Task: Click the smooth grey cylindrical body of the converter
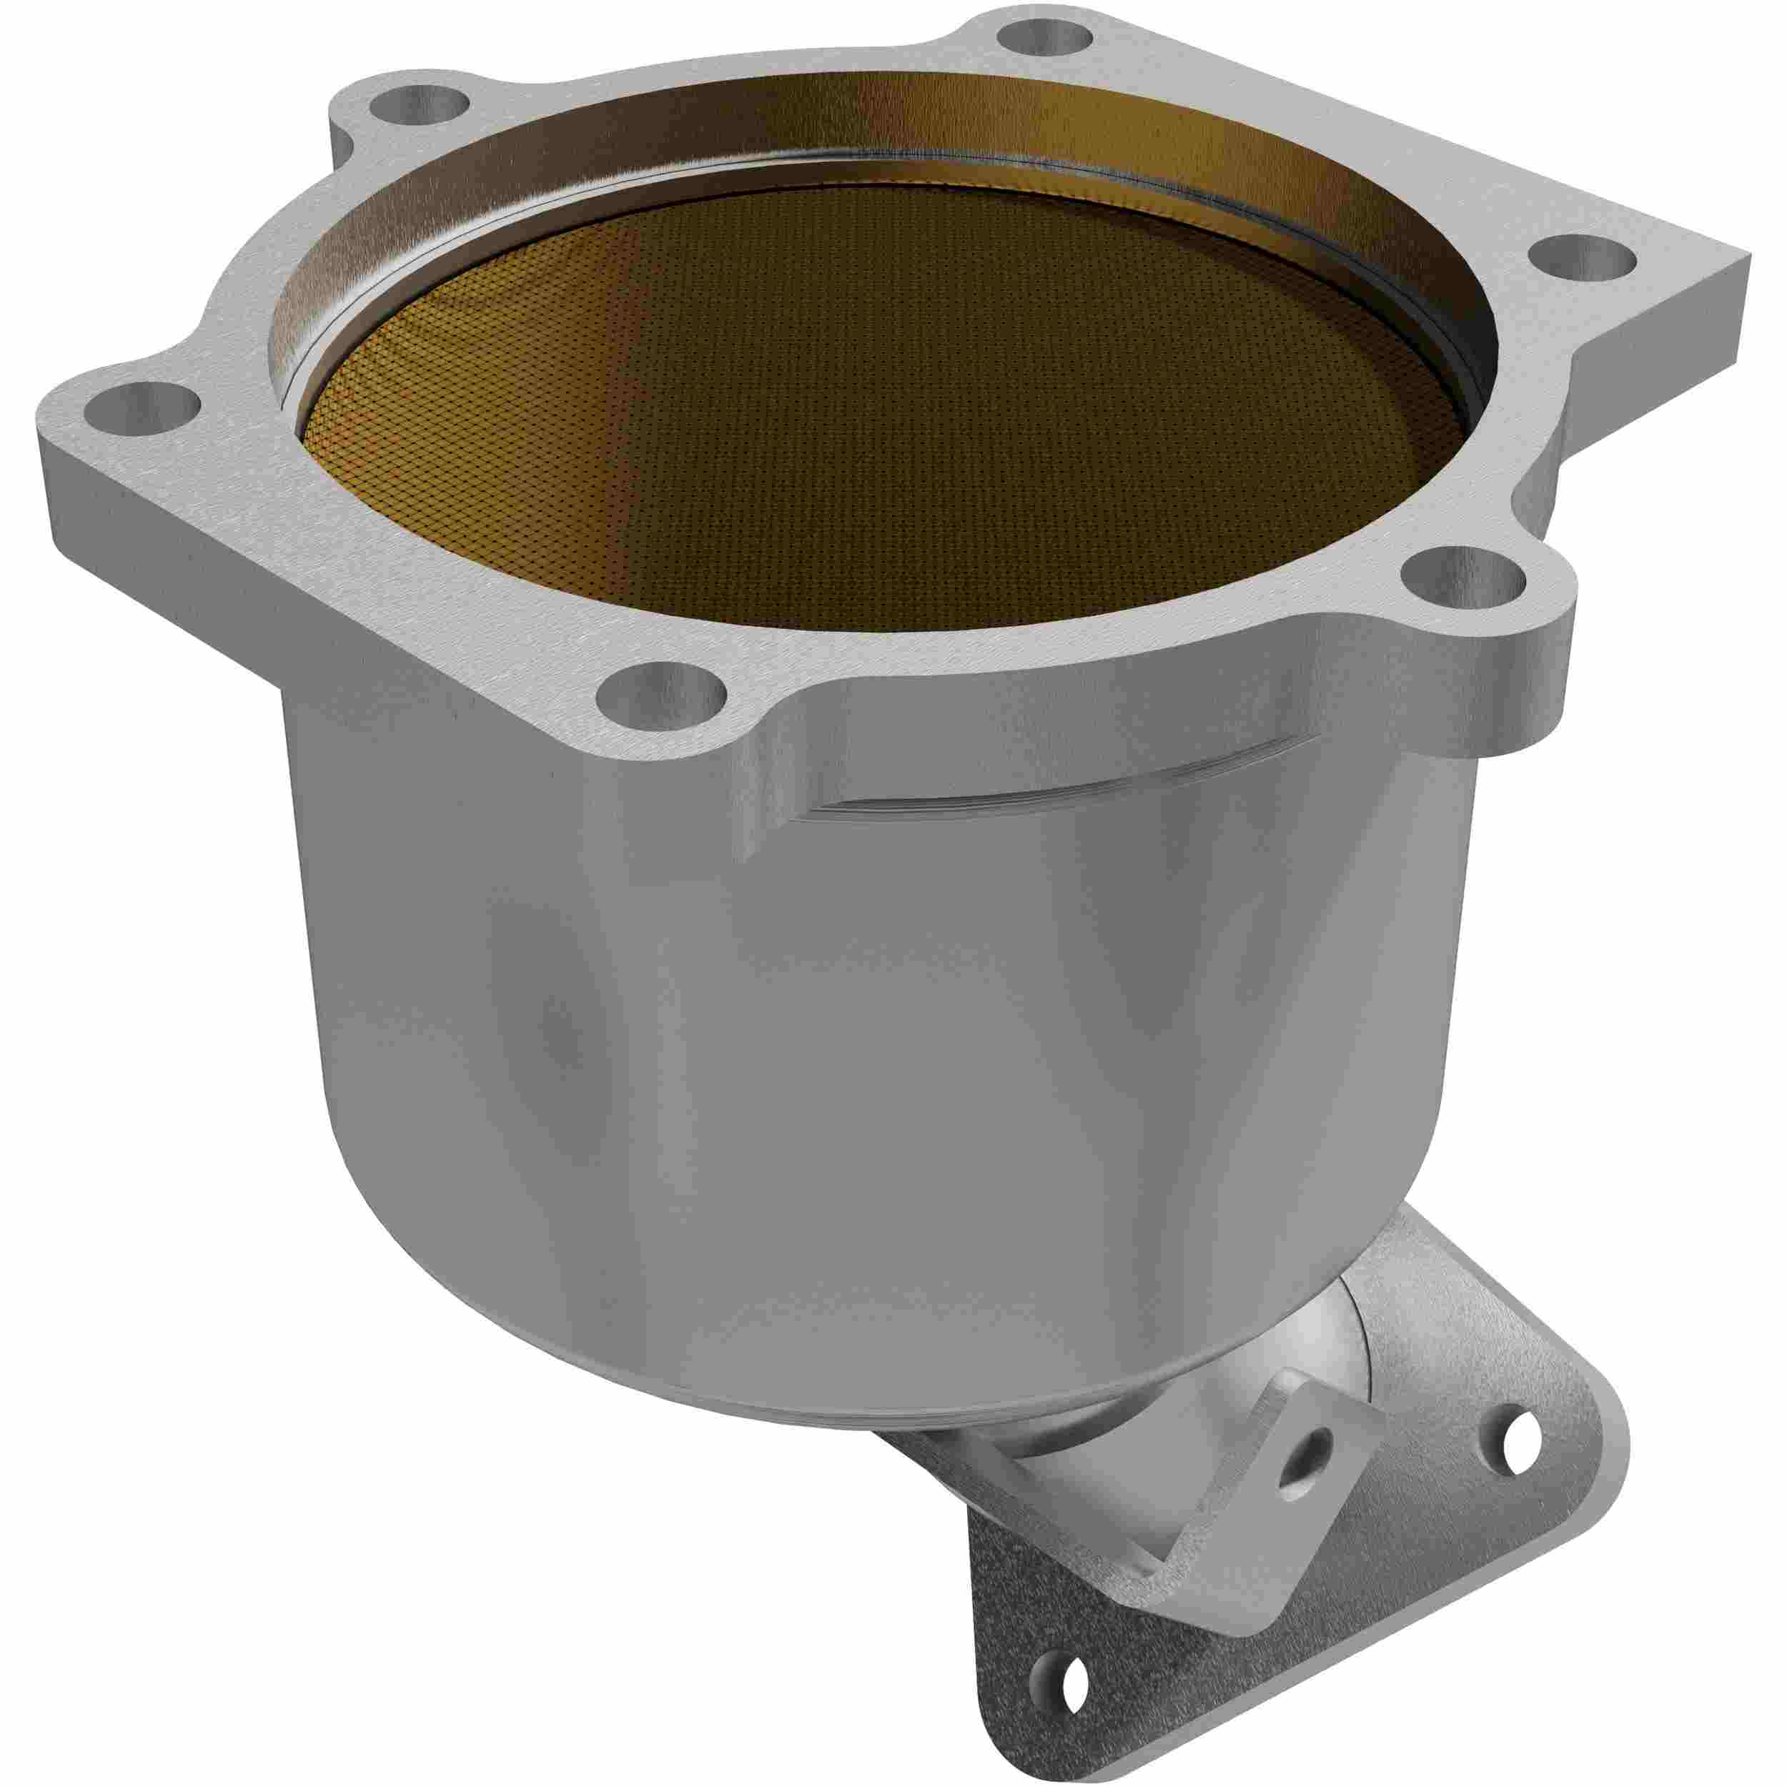[x=740, y=1064]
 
